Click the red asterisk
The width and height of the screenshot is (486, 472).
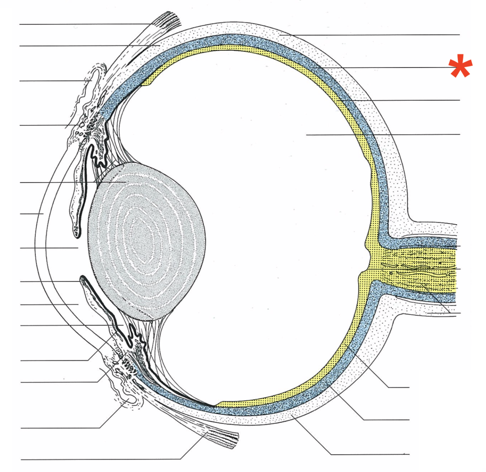coord(460,67)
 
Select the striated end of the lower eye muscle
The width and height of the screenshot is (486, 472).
coord(226,438)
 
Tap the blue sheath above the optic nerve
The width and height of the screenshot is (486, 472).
coord(419,242)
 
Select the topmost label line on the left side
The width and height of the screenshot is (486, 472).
coord(84,24)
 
